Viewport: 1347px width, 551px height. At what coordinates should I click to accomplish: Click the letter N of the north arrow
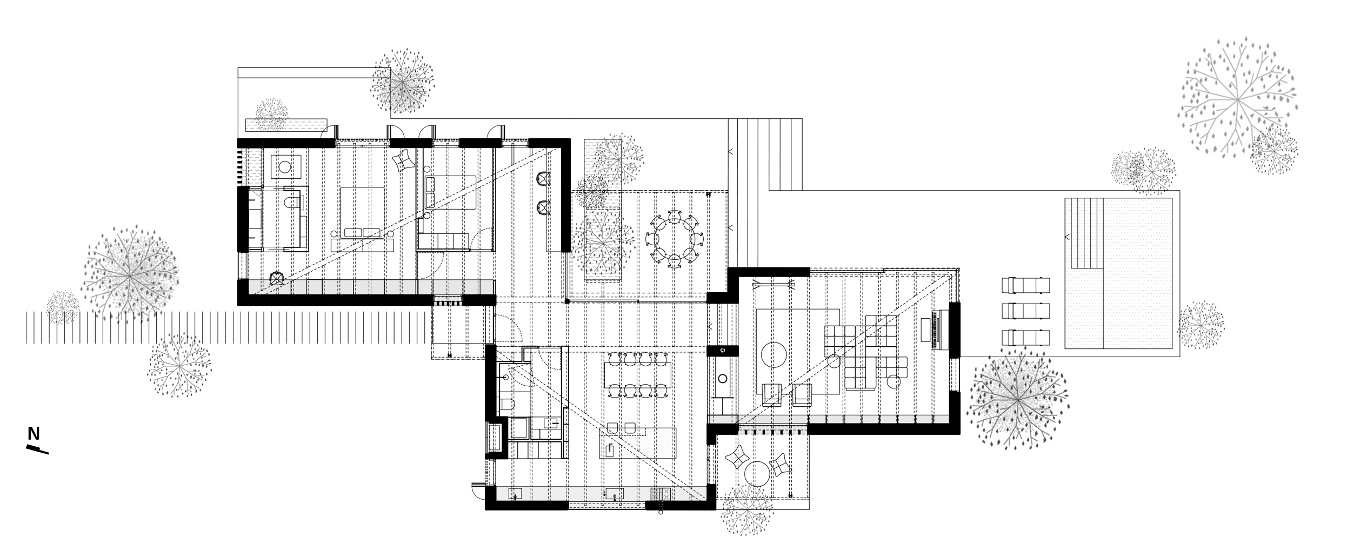tap(34, 434)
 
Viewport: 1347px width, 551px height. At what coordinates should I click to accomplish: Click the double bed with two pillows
tap(362, 213)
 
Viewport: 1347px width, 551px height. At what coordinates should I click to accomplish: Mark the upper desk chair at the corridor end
tap(543, 178)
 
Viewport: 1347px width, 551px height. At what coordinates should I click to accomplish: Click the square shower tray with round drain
tap(285, 166)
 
